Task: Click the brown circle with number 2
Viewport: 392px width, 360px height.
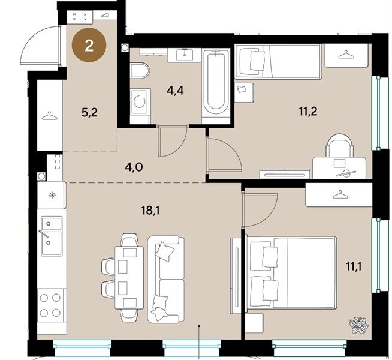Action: (x=89, y=47)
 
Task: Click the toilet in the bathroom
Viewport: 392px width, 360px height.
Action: (x=138, y=71)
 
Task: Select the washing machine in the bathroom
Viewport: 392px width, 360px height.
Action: (x=140, y=103)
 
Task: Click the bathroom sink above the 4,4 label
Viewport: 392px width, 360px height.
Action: (x=183, y=56)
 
